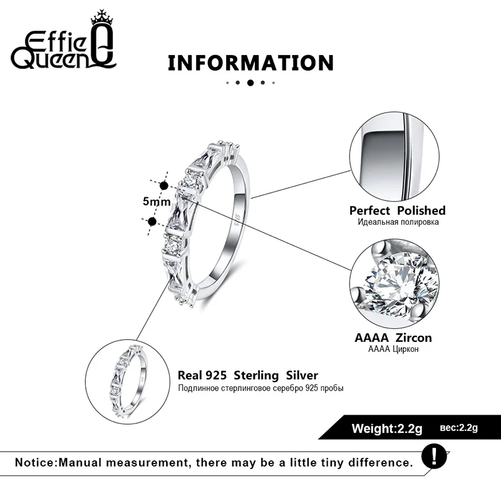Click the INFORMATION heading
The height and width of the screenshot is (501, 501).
[250, 63]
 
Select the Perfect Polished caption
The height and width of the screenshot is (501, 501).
[397, 210]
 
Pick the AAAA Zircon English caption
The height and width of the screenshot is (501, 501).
[393, 338]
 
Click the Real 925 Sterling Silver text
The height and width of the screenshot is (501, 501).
[248, 376]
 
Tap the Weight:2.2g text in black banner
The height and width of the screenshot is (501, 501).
[387, 429]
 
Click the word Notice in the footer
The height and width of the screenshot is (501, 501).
[35, 463]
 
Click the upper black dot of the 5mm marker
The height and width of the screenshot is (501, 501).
[165, 185]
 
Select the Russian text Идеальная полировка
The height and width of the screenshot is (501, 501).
[398, 222]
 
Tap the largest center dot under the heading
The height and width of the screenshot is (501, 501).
[250, 82]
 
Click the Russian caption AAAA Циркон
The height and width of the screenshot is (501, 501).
[393, 349]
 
